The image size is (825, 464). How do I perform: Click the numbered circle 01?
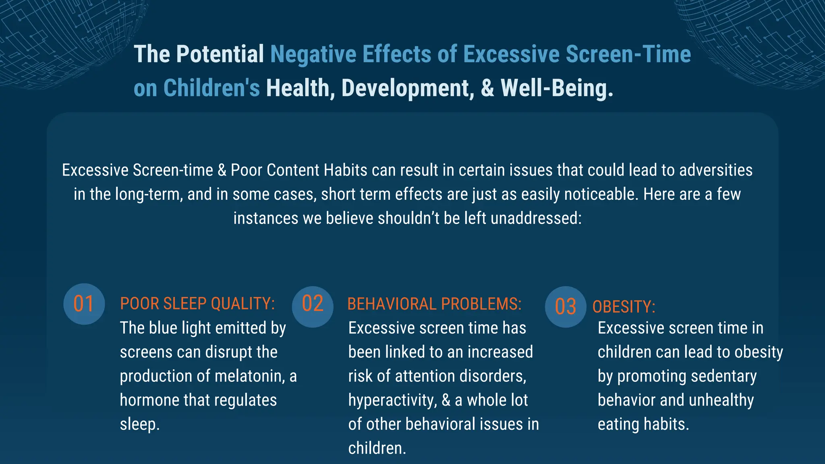(x=84, y=304)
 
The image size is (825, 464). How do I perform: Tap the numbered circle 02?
(x=313, y=307)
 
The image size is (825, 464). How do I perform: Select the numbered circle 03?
(x=566, y=307)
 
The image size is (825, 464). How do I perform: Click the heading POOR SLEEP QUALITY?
(x=197, y=304)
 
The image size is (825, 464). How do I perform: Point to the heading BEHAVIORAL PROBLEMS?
(x=434, y=304)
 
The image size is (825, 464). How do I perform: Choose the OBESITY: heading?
(x=624, y=307)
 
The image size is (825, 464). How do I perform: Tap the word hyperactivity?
(x=392, y=400)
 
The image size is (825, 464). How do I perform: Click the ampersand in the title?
(x=487, y=88)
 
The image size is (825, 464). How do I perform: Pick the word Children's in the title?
(x=211, y=88)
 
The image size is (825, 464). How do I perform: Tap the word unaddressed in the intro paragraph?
(x=536, y=218)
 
